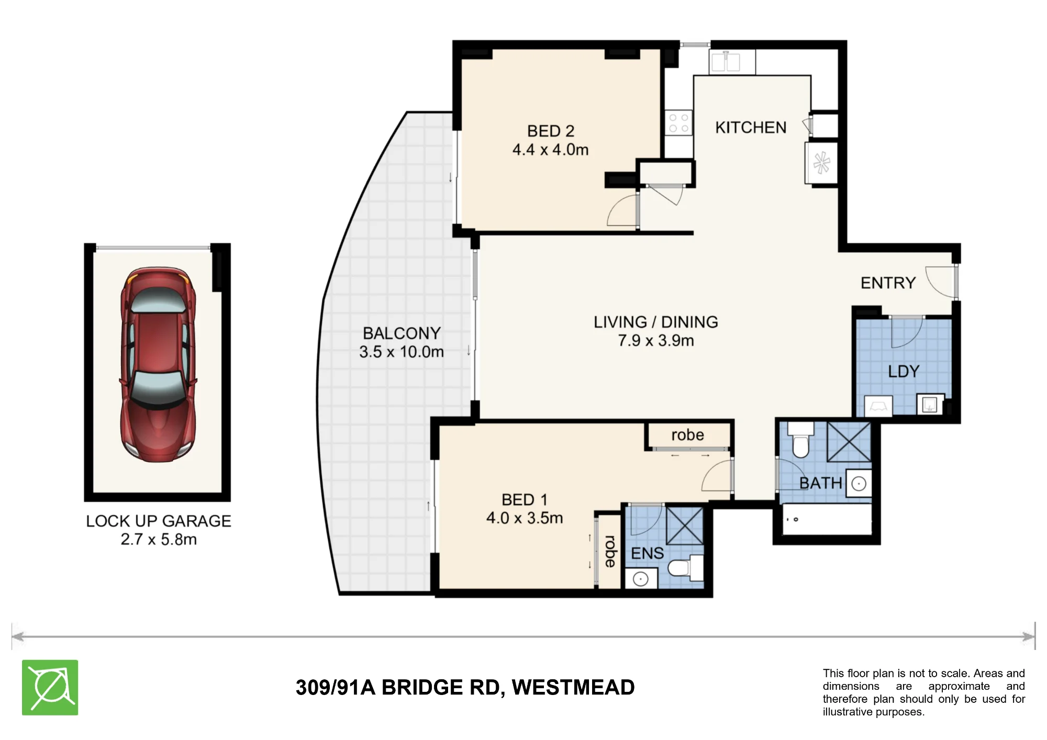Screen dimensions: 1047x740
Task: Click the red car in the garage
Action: [158, 365]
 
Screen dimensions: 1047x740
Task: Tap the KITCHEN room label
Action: [751, 128]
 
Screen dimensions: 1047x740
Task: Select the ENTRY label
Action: [888, 283]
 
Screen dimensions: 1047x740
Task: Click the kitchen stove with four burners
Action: [678, 124]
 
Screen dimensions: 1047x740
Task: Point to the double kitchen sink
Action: [726, 62]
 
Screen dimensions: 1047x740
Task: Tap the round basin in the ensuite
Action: [641, 579]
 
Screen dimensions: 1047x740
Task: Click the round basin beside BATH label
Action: [859, 484]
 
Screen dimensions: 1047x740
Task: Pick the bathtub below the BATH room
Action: [826, 520]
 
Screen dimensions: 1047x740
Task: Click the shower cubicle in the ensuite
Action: [685, 525]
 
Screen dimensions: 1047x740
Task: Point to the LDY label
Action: [904, 372]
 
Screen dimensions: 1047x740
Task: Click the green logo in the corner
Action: [50, 687]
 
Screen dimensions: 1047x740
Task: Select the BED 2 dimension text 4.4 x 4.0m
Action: [551, 150]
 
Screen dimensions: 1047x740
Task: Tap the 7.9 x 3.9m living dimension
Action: [656, 341]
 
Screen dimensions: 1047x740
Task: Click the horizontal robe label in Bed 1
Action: [687, 435]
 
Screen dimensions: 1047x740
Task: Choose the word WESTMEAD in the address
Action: [573, 687]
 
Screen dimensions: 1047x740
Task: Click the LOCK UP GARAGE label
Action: [159, 521]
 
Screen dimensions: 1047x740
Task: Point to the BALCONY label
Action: [402, 333]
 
